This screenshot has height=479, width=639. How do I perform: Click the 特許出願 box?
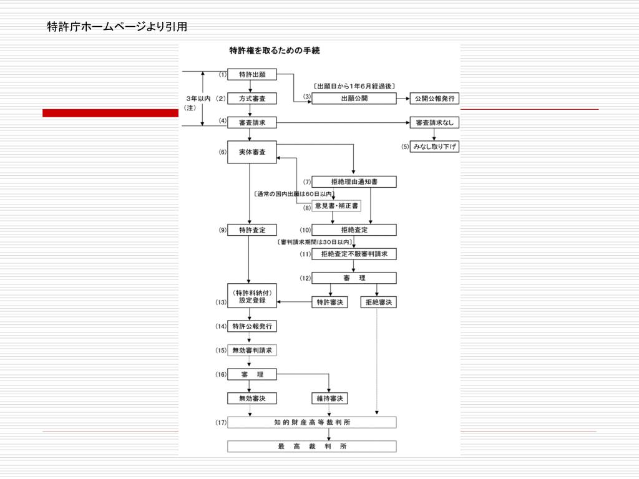(x=251, y=75)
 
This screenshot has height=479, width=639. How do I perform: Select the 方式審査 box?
(x=251, y=99)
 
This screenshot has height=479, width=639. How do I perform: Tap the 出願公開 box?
(x=354, y=99)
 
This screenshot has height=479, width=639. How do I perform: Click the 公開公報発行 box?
(x=434, y=99)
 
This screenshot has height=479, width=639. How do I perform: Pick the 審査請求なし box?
(x=434, y=123)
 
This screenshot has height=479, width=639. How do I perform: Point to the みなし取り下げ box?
(x=434, y=147)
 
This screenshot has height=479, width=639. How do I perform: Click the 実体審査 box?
(x=251, y=152)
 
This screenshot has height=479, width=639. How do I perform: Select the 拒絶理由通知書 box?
(x=354, y=182)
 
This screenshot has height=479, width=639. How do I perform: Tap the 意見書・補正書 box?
(x=336, y=206)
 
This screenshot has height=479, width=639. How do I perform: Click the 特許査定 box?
(x=251, y=230)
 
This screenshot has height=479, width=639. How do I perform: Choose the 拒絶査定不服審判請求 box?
(x=354, y=254)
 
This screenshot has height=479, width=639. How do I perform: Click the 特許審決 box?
(x=329, y=302)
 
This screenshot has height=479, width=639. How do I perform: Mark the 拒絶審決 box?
(x=378, y=302)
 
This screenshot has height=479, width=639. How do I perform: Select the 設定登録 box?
(x=251, y=296)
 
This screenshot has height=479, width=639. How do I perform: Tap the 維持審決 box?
(x=329, y=399)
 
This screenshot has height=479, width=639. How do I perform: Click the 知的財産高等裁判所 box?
(x=312, y=422)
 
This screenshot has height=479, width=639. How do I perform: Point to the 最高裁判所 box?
(x=312, y=447)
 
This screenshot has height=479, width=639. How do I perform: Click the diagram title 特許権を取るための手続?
(x=275, y=51)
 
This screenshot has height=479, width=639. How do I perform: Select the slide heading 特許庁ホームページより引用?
(x=117, y=26)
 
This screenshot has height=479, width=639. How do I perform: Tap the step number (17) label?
(x=221, y=423)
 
